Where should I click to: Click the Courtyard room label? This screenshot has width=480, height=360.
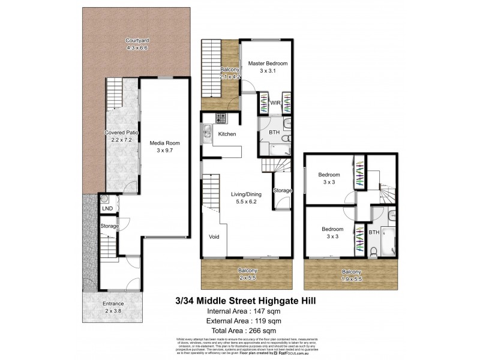tap(137, 41)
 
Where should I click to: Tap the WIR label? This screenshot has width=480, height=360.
tap(275, 103)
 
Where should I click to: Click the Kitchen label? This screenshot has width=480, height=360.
tap(227, 134)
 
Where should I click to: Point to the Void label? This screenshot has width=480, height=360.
tap(214, 236)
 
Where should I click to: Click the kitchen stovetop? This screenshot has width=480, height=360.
tap(221, 118)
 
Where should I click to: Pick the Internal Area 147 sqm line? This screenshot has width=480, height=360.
tap(243, 311)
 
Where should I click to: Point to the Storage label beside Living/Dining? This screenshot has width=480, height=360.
tap(282, 190)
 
